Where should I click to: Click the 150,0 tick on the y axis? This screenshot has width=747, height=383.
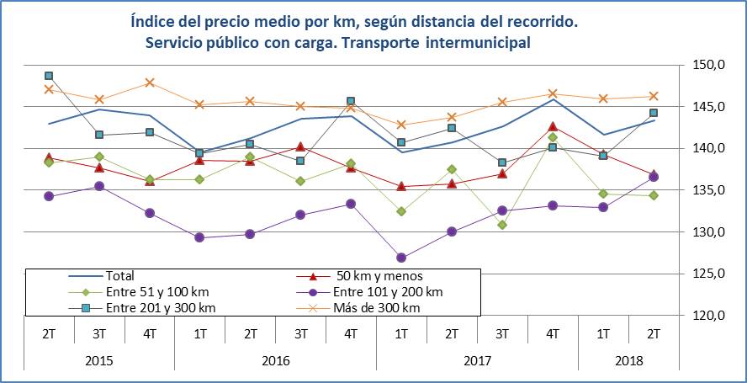(x=713, y=65)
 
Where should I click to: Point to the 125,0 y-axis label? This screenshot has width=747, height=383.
(x=713, y=274)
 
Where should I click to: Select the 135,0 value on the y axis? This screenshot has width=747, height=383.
(x=713, y=190)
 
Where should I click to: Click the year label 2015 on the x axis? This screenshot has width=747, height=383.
(x=99, y=360)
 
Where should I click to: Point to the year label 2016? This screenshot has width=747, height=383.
(x=275, y=360)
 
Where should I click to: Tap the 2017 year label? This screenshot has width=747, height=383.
(x=477, y=360)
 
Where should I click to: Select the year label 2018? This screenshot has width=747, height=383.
(x=628, y=360)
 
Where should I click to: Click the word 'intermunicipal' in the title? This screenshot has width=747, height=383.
(x=481, y=41)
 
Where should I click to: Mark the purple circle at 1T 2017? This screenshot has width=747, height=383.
(x=401, y=258)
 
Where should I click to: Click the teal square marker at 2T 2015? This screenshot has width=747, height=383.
(x=49, y=76)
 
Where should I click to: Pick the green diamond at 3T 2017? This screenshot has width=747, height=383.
(x=502, y=225)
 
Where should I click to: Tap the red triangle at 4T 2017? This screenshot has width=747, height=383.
(x=553, y=126)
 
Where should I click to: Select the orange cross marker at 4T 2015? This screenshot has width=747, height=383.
(x=150, y=82)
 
